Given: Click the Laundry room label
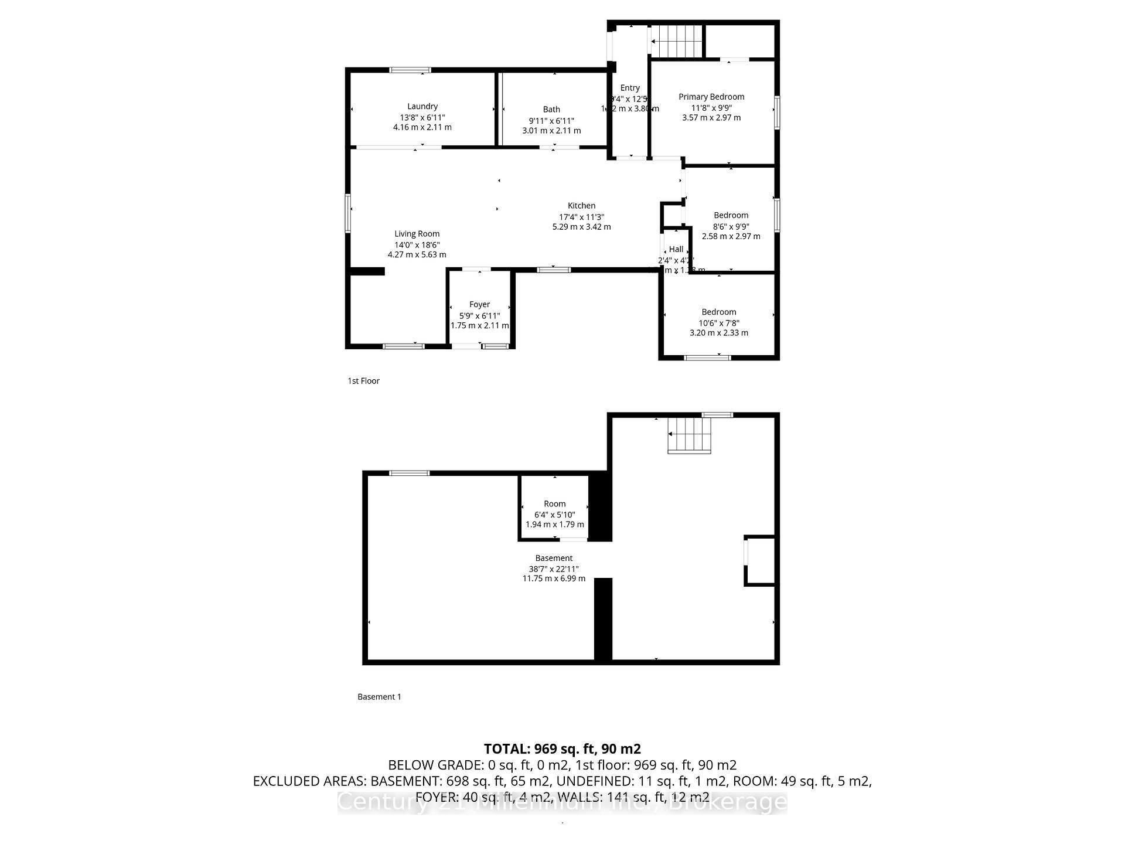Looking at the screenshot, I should coord(422,106).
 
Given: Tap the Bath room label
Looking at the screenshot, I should coord(551,109).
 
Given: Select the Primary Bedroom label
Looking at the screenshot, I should coord(711,97).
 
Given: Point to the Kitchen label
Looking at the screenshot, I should coord(581,206).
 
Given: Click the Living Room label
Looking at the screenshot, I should coord(417,234).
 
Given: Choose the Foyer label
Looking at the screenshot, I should coord(479,304).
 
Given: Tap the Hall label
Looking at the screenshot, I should coord(676,249).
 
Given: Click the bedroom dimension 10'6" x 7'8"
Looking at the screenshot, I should coord(718,323).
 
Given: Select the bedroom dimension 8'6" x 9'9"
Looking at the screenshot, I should coord(731,226).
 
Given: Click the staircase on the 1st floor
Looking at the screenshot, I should coord(677,41).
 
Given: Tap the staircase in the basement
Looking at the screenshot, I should coord(690,435).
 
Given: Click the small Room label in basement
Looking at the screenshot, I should coord(554,503).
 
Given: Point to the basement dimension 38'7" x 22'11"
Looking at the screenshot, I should coord(554,569).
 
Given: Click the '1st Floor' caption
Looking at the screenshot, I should coord(363,381).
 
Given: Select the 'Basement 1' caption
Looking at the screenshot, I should coord(379,697).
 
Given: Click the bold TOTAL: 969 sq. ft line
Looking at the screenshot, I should coord(562,748).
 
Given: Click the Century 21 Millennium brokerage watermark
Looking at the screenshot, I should coord(562,802).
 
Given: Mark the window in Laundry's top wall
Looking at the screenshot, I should coord(410,70).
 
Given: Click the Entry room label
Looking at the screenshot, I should coord(630,88).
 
